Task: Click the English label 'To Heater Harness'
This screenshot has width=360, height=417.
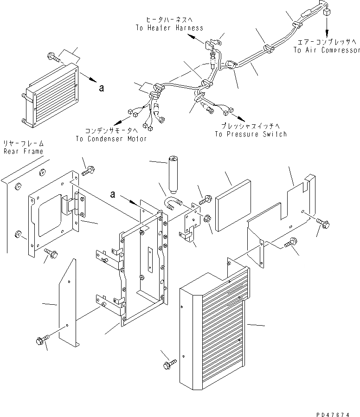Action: pos(169,28)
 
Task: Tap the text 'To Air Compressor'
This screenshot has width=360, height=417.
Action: pos(326,50)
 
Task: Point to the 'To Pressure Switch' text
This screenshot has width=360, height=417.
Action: pos(251,134)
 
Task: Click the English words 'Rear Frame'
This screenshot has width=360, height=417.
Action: pos(23,151)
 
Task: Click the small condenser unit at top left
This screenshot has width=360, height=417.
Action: pos(51,95)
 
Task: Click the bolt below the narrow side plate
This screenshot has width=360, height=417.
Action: pos(39,341)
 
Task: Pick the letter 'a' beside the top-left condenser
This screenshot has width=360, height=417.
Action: pos(101,87)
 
